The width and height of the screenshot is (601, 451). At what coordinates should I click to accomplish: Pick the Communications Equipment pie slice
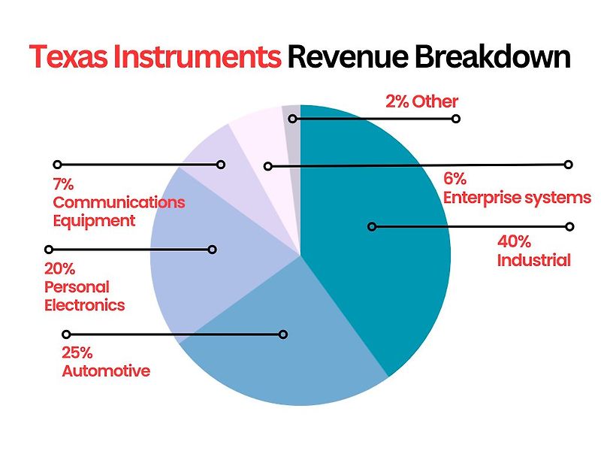click(x=226, y=168)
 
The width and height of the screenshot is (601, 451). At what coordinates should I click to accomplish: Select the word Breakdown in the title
click(x=493, y=57)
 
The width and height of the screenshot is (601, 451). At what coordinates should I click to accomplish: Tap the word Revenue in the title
click(x=349, y=57)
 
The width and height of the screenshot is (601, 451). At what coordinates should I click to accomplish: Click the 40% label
click(x=514, y=241)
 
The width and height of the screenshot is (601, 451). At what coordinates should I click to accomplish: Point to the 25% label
click(x=77, y=353)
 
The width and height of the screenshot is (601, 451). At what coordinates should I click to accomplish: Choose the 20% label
click(x=59, y=269)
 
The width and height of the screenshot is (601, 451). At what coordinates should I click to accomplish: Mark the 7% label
click(x=63, y=184)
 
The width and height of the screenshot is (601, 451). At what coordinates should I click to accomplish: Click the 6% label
click(x=455, y=179)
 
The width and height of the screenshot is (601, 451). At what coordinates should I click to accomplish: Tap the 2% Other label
click(x=421, y=101)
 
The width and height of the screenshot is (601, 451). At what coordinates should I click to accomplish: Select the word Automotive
click(x=106, y=371)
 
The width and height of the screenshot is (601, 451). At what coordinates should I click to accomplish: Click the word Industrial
click(x=534, y=260)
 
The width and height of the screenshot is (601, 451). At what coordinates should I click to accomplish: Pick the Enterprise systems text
click(x=517, y=198)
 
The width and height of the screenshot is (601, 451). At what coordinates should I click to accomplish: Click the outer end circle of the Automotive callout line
click(x=66, y=334)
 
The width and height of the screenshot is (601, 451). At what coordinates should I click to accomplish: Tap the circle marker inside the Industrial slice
click(x=372, y=227)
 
